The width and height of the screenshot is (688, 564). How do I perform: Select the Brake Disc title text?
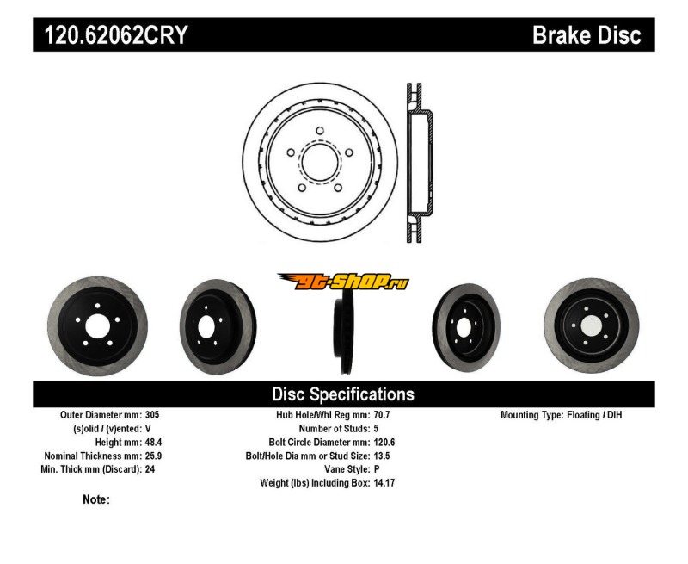[587, 35]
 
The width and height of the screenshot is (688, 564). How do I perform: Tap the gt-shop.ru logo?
[342, 281]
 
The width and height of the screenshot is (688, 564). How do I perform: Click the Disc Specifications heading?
[343, 394]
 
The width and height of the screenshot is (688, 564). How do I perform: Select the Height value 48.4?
[155, 442]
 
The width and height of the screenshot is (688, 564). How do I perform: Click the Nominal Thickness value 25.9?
[155, 456]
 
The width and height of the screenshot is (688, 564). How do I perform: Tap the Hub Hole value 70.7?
[382, 414]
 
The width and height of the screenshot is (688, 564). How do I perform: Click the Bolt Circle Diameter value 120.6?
[384, 442]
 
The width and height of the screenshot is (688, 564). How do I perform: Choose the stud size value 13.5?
[382, 456]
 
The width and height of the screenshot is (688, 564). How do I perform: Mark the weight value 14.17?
[384, 483]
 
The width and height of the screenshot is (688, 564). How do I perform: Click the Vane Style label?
[344, 469]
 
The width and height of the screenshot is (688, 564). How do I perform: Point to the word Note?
[95, 499]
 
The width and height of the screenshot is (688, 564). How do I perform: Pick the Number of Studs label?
[335, 428]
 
